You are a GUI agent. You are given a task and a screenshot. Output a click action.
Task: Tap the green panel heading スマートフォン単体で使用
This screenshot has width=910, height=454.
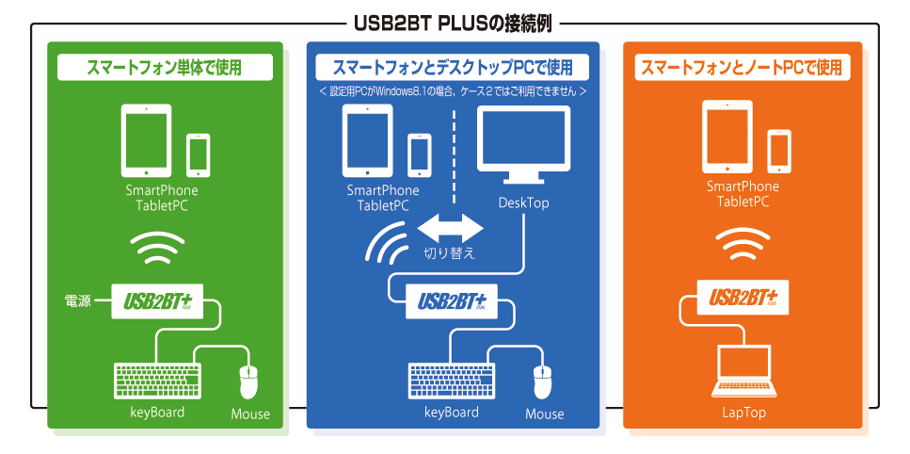(166, 68)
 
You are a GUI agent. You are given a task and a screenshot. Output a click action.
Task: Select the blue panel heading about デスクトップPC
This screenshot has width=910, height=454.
(453, 68)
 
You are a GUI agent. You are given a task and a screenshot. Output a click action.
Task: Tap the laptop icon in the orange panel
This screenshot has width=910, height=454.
(742, 370)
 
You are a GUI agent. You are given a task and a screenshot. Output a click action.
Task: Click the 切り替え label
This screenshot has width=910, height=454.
(450, 252)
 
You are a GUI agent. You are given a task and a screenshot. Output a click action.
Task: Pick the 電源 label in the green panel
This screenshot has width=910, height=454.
(77, 301)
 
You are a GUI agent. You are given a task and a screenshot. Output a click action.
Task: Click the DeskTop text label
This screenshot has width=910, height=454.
(523, 203)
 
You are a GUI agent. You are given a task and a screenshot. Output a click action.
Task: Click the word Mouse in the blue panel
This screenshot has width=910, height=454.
(545, 413)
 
